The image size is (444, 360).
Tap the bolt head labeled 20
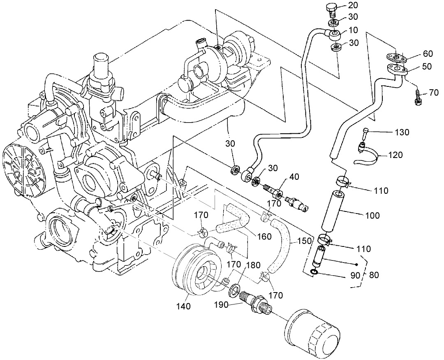pyautogui.click(x=331, y=8)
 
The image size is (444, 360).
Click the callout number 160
pyautogui.click(x=265, y=237)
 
